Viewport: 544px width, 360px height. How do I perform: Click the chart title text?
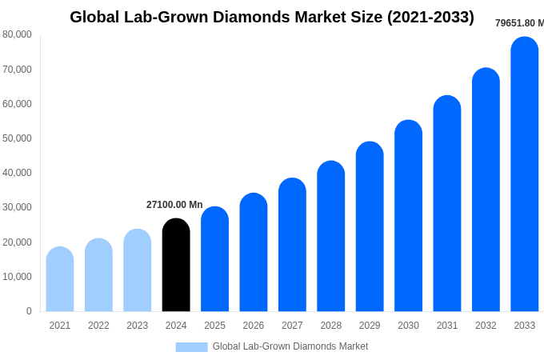tap(271, 17)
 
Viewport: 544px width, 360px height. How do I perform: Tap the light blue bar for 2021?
tap(60, 279)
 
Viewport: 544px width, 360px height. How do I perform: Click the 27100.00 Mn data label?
tap(174, 205)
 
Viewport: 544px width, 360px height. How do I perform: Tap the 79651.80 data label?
tap(518, 23)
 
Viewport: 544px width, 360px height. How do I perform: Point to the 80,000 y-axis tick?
tap(18, 34)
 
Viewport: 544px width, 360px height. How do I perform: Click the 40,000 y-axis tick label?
tap(18, 173)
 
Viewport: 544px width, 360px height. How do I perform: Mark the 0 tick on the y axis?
tap(29, 311)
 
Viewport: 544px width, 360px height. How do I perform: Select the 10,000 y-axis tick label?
tap(18, 277)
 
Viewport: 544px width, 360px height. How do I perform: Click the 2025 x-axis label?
tap(214, 326)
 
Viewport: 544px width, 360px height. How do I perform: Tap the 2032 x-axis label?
tap(486, 326)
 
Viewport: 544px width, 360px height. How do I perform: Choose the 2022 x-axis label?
tap(98, 326)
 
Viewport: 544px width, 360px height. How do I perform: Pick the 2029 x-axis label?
tap(370, 326)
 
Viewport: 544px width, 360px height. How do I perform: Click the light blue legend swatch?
tap(191, 347)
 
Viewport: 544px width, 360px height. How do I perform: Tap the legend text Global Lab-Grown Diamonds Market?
tap(290, 346)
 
